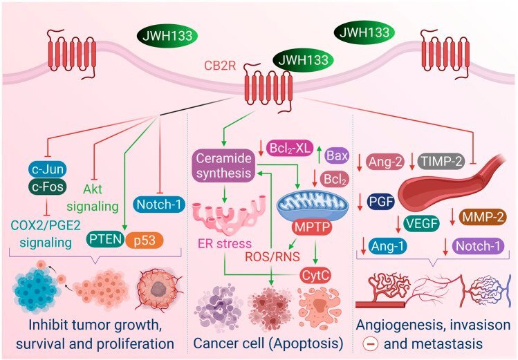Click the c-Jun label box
[x=48, y=169]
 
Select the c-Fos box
[x=48, y=187]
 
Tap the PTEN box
[x=105, y=238]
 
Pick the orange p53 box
[x=145, y=240]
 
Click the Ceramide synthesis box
[x=223, y=166]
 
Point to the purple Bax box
[x=337, y=155]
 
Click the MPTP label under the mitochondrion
[x=312, y=227]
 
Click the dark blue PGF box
[x=381, y=201]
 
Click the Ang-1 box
[x=387, y=246]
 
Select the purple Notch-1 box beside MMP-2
[x=478, y=246]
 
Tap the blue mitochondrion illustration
[x=312, y=206]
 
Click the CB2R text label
[x=220, y=66]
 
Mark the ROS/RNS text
[x=272, y=256]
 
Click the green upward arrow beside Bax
[x=320, y=154]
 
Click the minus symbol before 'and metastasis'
[x=371, y=344]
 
